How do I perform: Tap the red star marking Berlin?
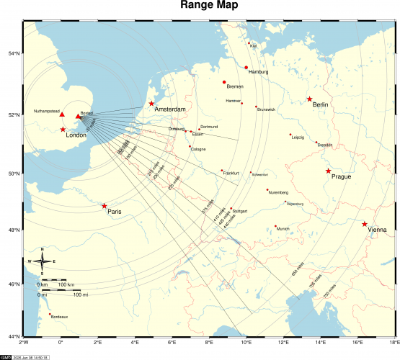click(309, 99)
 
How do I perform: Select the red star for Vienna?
click(365, 224)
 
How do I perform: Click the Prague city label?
click(342, 176)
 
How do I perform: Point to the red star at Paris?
click(104, 206)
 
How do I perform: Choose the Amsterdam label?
click(170, 109)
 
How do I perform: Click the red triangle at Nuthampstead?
click(62, 115)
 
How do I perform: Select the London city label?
click(76, 135)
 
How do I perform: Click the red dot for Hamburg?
click(246, 68)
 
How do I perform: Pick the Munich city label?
click(283, 229)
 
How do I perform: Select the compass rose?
click(42, 261)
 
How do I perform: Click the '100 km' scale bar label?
click(66, 285)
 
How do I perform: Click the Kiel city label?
click(253, 46)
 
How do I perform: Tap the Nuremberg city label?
click(278, 192)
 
